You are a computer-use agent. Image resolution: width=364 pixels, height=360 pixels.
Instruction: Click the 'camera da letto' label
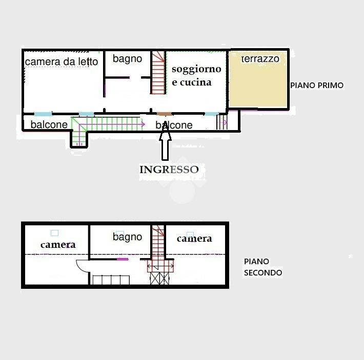click(62, 62)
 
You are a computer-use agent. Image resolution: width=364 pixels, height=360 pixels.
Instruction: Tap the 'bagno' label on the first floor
click(127, 59)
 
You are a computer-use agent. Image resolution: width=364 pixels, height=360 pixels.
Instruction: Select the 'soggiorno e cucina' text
click(196, 75)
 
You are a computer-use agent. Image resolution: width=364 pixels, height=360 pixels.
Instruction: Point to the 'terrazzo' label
click(260, 59)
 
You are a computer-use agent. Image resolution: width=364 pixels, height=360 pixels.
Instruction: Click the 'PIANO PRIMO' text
click(317, 86)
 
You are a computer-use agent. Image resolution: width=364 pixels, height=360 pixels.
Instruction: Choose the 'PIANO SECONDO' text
click(262, 267)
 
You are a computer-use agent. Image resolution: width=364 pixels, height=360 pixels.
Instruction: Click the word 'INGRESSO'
click(169, 170)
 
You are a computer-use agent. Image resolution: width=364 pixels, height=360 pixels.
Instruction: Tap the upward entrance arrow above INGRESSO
click(165, 143)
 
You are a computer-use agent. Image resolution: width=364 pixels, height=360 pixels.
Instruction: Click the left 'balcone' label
click(49, 124)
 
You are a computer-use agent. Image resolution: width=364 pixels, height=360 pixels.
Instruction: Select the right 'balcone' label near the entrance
click(174, 125)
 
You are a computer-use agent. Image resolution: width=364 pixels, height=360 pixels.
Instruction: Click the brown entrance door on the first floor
click(164, 114)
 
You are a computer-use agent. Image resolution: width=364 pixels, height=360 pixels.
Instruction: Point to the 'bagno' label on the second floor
click(127, 237)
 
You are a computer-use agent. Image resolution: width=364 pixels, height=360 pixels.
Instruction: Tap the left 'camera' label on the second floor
click(58, 244)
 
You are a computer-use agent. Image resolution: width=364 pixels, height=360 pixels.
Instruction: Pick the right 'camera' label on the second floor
click(194, 238)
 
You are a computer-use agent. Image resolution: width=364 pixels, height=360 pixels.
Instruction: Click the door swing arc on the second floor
click(82, 266)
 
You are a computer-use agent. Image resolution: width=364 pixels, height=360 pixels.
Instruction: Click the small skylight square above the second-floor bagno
click(120, 233)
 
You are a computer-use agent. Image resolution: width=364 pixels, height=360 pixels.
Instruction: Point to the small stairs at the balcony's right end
click(221, 122)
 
